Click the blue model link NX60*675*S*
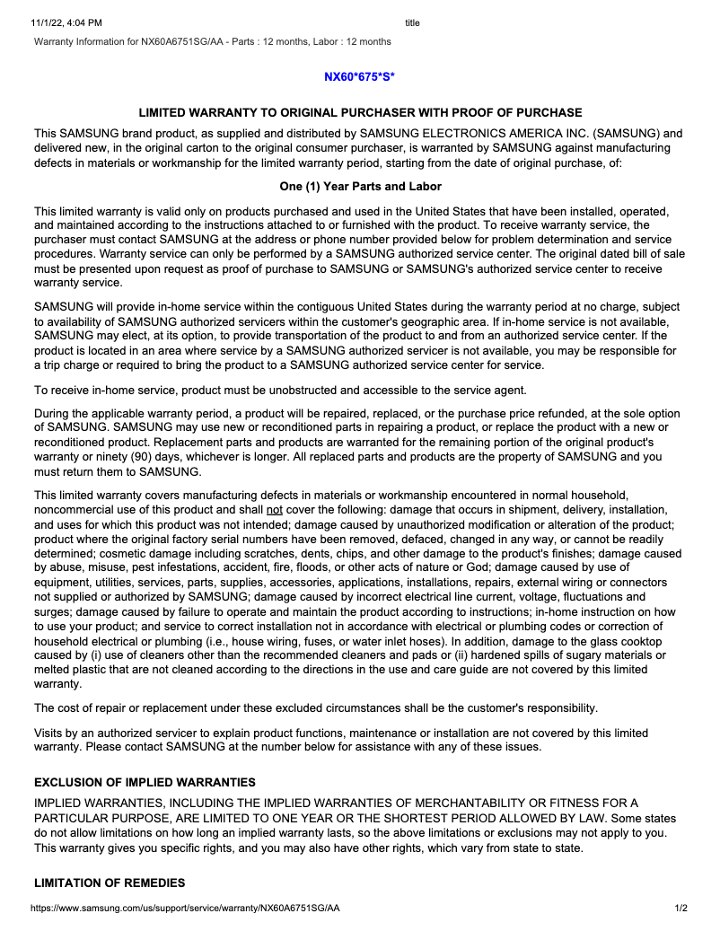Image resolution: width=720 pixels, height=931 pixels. tap(359, 77)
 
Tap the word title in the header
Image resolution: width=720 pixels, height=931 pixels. tap(412, 22)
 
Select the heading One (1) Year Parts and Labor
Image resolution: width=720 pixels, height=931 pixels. tap(360, 187)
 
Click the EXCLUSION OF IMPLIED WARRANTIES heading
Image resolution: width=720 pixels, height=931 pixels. tap(145, 782)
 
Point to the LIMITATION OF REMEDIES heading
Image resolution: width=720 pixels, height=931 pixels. tap(110, 883)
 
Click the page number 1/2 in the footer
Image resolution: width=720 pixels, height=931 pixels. tap(681, 909)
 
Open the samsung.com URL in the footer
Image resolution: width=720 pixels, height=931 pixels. tap(185, 909)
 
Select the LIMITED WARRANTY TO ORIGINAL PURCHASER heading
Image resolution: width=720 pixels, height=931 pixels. tap(360, 113)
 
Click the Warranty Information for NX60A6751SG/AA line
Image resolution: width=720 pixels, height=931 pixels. tap(212, 41)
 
